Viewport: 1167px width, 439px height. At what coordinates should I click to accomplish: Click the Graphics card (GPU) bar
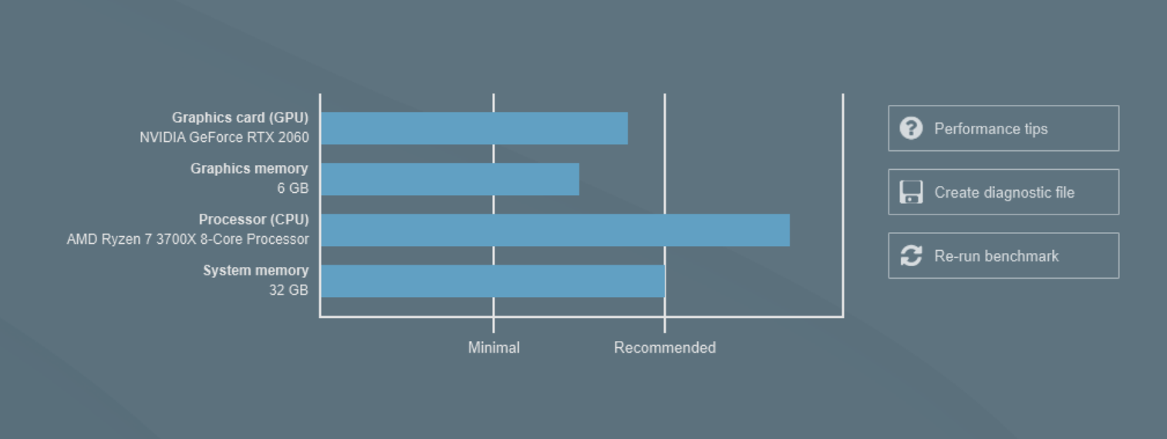click(x=474, y=128)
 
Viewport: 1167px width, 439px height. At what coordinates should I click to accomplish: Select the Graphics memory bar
click(x=450, y=179)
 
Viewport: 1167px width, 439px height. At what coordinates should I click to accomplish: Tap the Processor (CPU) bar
click(x=555, y=230)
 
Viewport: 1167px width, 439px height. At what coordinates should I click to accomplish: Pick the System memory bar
click(x=493, y=281)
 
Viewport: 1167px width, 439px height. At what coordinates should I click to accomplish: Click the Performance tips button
click(x=1003, y=128)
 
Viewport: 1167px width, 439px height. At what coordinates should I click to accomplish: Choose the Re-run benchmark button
click(x=1003, y=255)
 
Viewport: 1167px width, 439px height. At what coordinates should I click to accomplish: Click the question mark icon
click(x=911, y=128)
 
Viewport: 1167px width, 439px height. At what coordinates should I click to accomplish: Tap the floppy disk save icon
click(x=911, y=192)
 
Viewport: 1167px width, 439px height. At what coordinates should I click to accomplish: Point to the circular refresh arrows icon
click(x=911, y=255)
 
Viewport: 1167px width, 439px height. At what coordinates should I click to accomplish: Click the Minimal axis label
click(x=494, y=348)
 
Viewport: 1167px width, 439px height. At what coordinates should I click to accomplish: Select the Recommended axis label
click(x=665, y=348)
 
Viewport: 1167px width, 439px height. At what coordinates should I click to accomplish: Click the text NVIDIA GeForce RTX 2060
click(x=224, y=137)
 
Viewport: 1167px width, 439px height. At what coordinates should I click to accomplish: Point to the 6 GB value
click(x=293, y=188)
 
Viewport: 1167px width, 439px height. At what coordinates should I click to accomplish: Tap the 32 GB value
click(x=288, y=290)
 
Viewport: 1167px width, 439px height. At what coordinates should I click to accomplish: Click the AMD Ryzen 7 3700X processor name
click(x=187, y=239)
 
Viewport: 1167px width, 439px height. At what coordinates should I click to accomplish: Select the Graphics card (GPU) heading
click(x=240, y=118)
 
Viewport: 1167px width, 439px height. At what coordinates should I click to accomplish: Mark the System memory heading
click(x=256, y=271)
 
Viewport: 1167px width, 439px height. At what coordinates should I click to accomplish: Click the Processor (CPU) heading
click(x=254, y=219)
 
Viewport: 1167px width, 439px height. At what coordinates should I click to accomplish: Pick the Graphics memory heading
click(x=249, y=169)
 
